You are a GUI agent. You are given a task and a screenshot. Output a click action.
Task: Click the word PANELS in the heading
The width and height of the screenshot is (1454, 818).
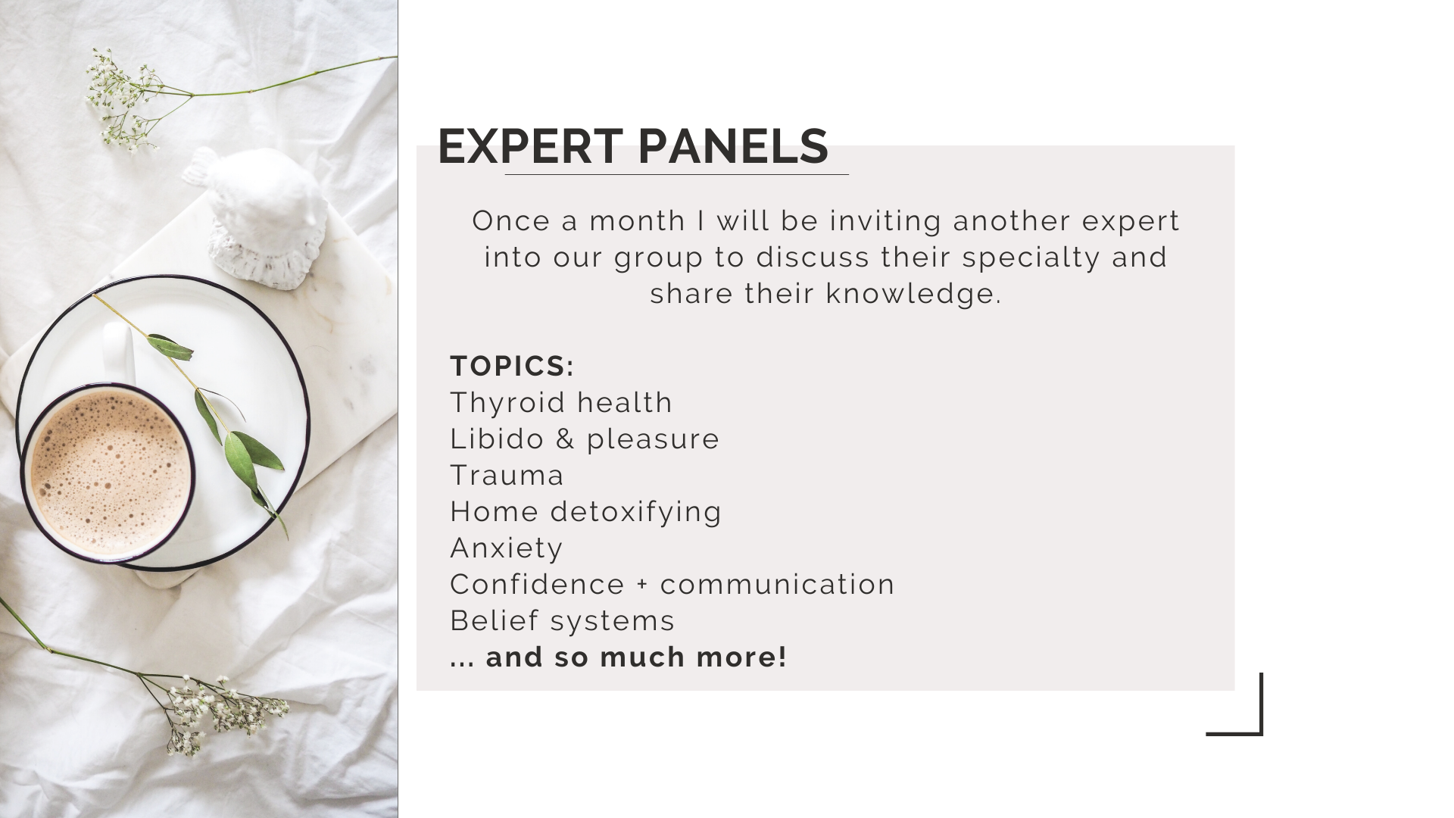tap(733, 146)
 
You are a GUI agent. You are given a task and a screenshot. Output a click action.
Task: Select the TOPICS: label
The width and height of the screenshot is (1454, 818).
tap(512, 366)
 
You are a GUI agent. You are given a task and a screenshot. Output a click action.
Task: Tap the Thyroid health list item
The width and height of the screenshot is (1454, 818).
tap(561, 402)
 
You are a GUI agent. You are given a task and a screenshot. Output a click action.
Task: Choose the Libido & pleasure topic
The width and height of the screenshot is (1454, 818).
tap(585, 439)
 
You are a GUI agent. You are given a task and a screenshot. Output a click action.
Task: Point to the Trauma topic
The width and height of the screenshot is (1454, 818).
tap(507, 475)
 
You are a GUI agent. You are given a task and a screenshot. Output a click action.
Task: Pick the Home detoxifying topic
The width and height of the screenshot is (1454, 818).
tap(585, 511)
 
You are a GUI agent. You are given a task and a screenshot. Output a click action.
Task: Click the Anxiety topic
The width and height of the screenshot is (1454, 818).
tap(507, 548)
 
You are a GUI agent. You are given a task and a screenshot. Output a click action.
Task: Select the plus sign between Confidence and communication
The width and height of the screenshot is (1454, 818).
tap(642, 585)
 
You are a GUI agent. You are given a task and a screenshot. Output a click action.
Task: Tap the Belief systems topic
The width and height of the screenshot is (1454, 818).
tap(562, 620)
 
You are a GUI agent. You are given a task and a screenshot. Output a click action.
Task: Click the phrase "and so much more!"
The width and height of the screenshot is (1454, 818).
tap(636, 657)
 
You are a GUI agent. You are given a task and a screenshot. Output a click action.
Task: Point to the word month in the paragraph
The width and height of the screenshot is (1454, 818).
tap(638, 220)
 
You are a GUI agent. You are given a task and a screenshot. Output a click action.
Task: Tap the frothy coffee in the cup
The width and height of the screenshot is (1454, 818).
tap(111, 473)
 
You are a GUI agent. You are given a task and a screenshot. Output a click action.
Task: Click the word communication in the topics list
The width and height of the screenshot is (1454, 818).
tap(778, 585)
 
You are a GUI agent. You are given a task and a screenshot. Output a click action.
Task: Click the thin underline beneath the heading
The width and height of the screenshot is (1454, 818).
tap(676, 174)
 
